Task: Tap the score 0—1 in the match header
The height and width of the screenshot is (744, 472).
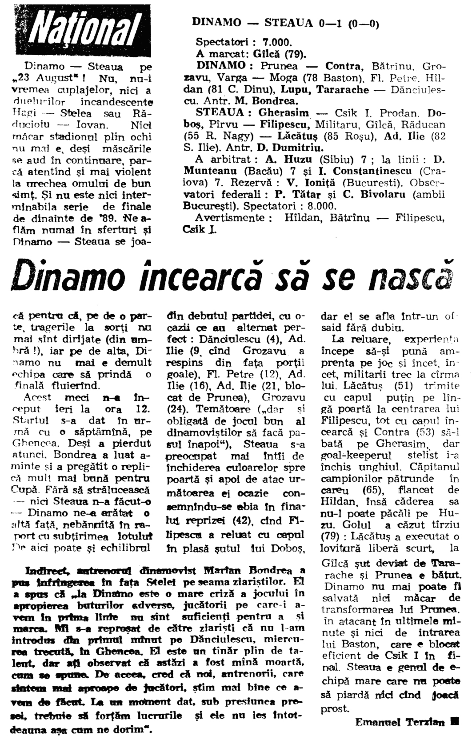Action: pos(331,23)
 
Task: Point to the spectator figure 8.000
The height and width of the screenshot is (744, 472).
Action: pos(321,206)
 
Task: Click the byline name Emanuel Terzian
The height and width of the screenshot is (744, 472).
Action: pos(400,723)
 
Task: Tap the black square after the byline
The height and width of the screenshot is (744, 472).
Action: pos(455,722)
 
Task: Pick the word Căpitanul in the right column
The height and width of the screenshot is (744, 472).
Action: pos(435,467)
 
